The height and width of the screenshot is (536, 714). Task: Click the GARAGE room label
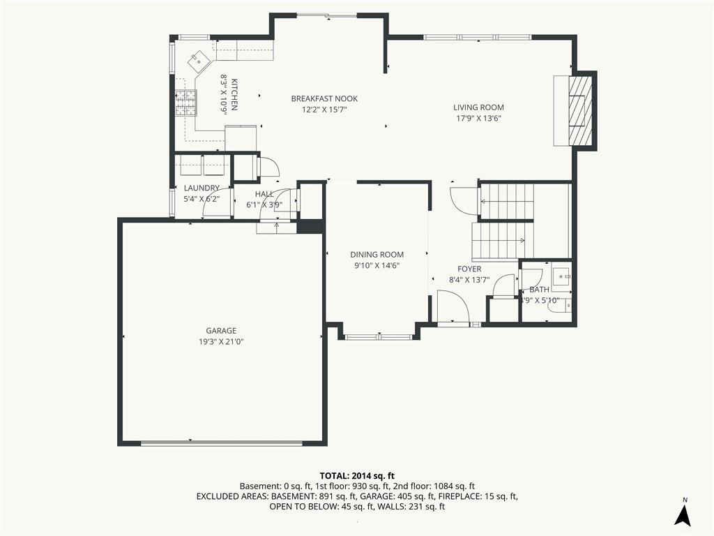coord(220,331)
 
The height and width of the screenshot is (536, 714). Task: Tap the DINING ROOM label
coord(377,255)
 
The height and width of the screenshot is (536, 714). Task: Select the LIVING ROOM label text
coord(478,107)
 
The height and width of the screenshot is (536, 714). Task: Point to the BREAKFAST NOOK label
coord(324,99)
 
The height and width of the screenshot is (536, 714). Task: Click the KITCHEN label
coord(235,94)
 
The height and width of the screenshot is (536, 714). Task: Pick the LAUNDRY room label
coord(202,188)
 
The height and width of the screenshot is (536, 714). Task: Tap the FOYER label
coord(469,269)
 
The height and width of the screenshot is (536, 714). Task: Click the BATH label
coord(539,290)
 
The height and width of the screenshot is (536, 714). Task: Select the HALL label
coord(264,194)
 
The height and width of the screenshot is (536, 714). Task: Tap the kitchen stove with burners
coord(185,103)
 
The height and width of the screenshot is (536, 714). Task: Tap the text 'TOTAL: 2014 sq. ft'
coord(357,475)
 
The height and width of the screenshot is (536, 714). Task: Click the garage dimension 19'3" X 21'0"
coord(220,341)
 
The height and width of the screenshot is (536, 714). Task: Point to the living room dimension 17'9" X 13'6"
coord(478,118)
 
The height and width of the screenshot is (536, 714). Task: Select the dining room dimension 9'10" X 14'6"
coord(377,265)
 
